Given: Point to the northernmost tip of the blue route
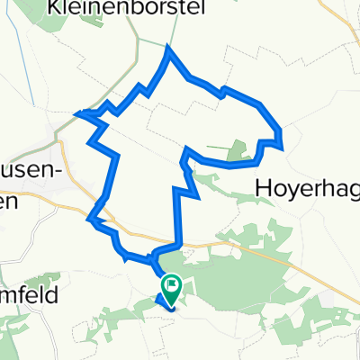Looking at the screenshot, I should pyautogui.click(x=167, y=51).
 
